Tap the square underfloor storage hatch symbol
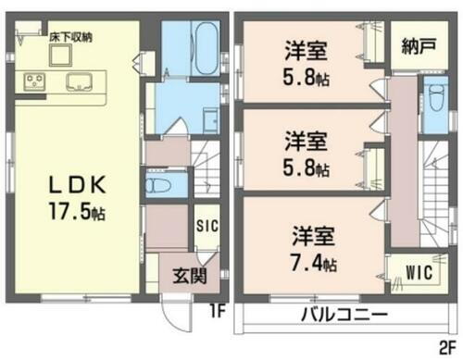click(x=62, y=54)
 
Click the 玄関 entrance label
click(x=188, y=275)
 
